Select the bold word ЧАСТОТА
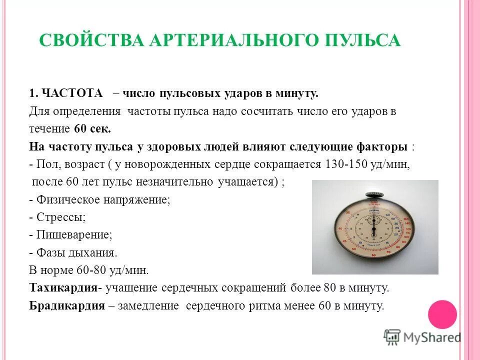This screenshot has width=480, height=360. click(72, 93)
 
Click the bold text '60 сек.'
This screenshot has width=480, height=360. click(92, 128)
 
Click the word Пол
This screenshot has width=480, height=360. click(46, 164)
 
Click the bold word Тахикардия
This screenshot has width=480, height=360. click(63, 288)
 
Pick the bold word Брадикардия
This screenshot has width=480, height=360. click(67, 305)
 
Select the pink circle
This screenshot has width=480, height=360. click(442, 314)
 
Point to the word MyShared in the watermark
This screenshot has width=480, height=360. click(432, 337)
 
